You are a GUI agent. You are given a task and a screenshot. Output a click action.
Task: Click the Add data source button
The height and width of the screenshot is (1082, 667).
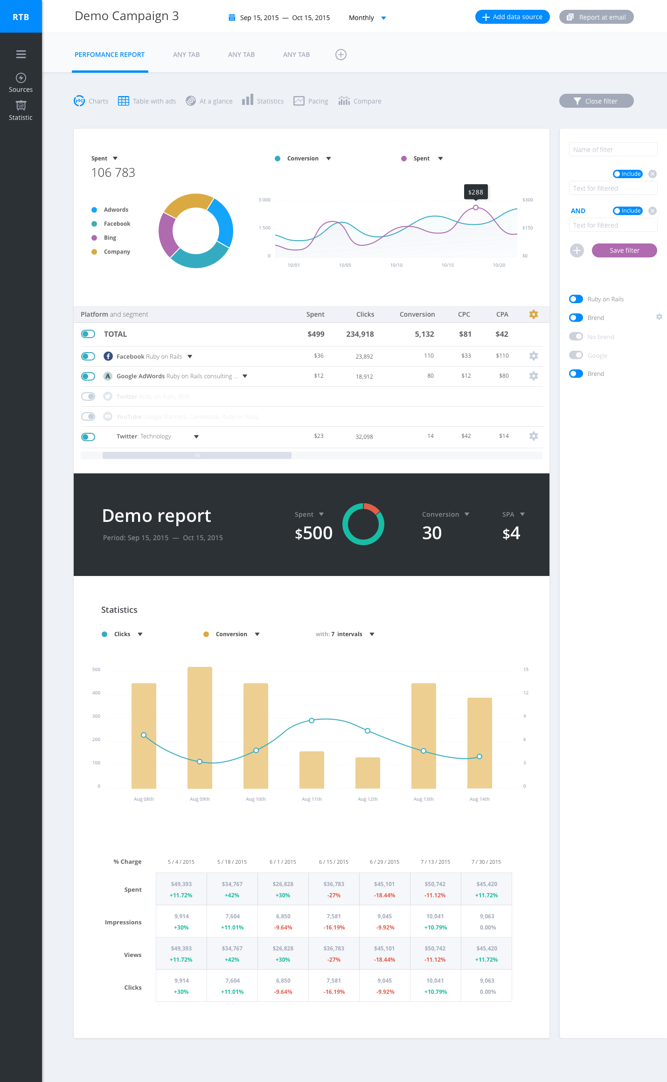click(x=512, y=17)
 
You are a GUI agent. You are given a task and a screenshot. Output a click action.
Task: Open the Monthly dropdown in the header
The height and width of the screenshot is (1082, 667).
click(x=367, y=18)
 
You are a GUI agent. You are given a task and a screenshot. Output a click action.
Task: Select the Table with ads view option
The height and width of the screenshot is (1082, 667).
click(x=147, y=101)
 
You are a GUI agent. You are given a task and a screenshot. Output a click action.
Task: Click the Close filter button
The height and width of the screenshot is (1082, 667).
click(x=596, y=101)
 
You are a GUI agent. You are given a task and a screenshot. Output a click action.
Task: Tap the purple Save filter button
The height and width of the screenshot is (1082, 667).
click(x=624, y=250)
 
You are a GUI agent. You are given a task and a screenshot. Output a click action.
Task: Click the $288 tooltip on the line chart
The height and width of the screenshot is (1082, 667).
click(x=475, y=192)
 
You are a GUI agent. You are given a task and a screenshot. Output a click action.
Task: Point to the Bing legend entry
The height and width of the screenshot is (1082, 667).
click(x=110, y=238)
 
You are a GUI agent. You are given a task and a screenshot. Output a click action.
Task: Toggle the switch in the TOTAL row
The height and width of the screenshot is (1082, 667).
click(x=88, y=334)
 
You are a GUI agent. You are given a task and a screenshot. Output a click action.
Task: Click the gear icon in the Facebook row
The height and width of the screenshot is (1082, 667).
click(x=534, y=356)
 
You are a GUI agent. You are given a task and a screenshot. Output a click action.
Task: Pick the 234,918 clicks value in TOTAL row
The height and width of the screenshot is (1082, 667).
click(x=360, y=334)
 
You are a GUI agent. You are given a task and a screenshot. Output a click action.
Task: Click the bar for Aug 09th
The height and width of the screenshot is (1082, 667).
click(x=200, y=728)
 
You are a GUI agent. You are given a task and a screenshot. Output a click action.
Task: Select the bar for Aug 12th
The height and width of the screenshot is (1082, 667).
click(x=368, y=773)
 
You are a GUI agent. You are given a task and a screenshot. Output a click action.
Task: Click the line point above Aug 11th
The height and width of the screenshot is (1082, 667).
click(x=312, y=721)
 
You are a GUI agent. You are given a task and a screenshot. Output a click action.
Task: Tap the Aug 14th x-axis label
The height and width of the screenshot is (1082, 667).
click(x=479, y=799)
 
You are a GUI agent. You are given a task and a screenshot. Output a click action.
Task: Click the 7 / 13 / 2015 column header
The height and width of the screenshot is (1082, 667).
click(x=435, y=862)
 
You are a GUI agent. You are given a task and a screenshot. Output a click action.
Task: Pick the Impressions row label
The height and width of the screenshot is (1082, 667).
click(x=123, y=922)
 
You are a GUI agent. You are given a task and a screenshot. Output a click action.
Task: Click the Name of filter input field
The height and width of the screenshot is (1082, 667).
click(x=613, y=150)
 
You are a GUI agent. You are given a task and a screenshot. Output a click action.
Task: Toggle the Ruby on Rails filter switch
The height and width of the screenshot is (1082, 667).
click(x=576, y=299)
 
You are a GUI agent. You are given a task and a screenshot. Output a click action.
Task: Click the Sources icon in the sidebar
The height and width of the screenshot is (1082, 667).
click(x=21, y=78)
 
